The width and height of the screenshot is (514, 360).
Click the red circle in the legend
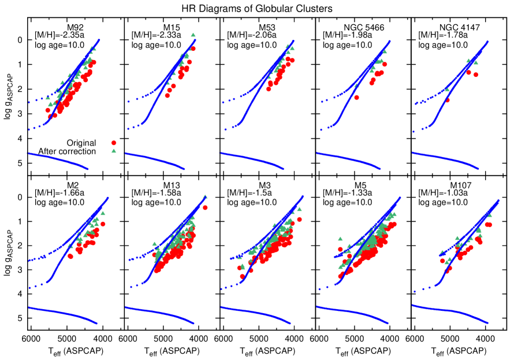(114, 143)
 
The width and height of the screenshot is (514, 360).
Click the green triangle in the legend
(114, 151)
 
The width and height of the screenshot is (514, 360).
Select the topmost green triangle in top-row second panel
(193, 35)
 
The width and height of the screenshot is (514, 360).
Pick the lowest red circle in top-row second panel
(167, 95)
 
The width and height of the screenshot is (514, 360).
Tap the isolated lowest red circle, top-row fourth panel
(356, 98)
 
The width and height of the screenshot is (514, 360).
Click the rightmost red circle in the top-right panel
(475, 75)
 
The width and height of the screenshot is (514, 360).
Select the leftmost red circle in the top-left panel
(48, 110)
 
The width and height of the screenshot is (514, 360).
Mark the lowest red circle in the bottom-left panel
(70, 256)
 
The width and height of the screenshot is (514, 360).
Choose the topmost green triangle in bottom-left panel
(103, 213)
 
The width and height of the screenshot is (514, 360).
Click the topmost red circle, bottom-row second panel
(205, 207)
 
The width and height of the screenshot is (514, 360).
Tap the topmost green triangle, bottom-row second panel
(204, 197)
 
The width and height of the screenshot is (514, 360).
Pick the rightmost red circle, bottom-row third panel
(299, 219)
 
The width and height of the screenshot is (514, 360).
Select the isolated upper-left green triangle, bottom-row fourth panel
(340, 238)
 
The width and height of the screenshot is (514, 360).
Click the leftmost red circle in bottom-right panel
(442, 261)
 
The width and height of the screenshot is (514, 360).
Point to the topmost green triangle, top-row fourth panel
(385, 52)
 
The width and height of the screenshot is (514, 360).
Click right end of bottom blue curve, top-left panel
(87, 169)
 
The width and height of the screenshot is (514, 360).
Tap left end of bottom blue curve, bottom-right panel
(413, 305)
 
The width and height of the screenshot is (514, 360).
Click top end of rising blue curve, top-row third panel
(293, 41)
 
